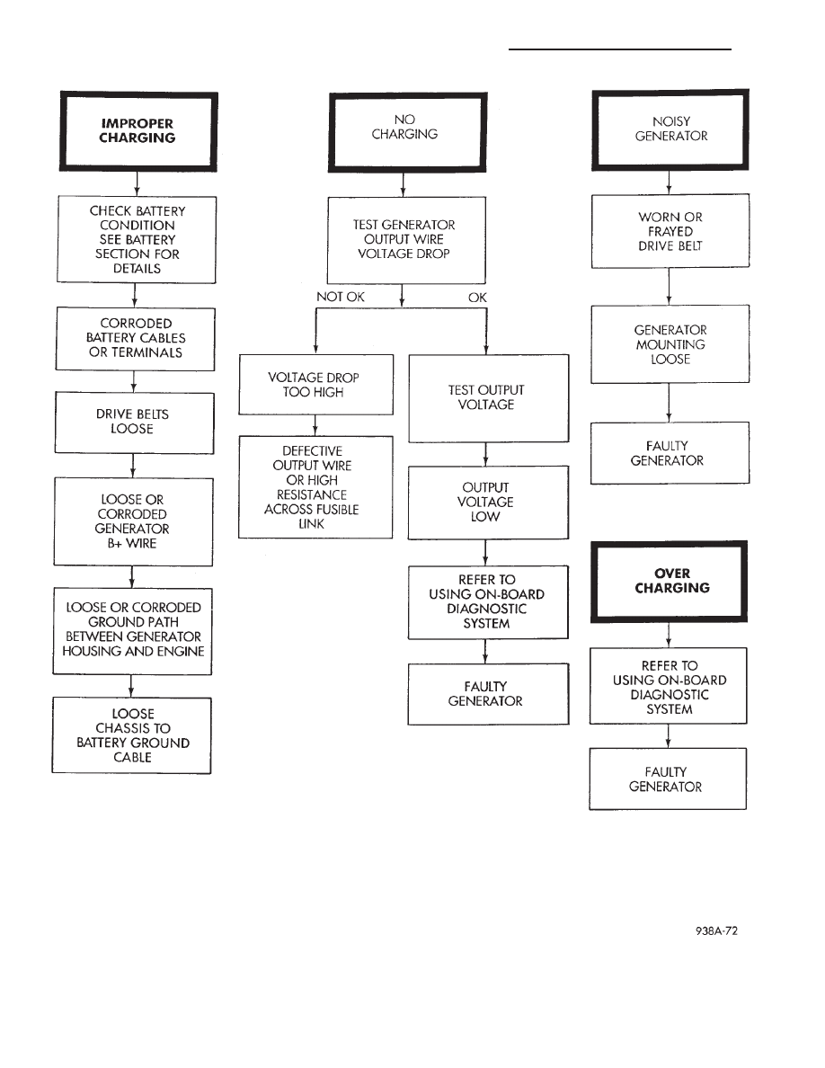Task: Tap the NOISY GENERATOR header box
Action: point(670,129)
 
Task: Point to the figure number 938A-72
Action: point(715,931)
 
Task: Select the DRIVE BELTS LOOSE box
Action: point(133,422)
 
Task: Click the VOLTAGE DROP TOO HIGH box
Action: point(315,385)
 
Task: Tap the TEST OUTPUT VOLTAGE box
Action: point(489,397)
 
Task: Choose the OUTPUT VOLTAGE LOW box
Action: point(489,502)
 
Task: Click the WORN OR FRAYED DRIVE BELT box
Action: point(670,231)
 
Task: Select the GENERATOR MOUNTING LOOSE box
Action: point(670,343)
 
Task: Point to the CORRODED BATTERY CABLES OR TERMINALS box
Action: point(135,337)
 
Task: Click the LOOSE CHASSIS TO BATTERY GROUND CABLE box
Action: point(132,735)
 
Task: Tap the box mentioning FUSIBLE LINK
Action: point(315,486)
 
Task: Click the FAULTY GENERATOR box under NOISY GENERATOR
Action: point(670,453)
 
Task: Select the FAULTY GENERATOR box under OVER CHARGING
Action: point(669,779)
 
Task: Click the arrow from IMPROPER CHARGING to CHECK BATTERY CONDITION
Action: point(135,184)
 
